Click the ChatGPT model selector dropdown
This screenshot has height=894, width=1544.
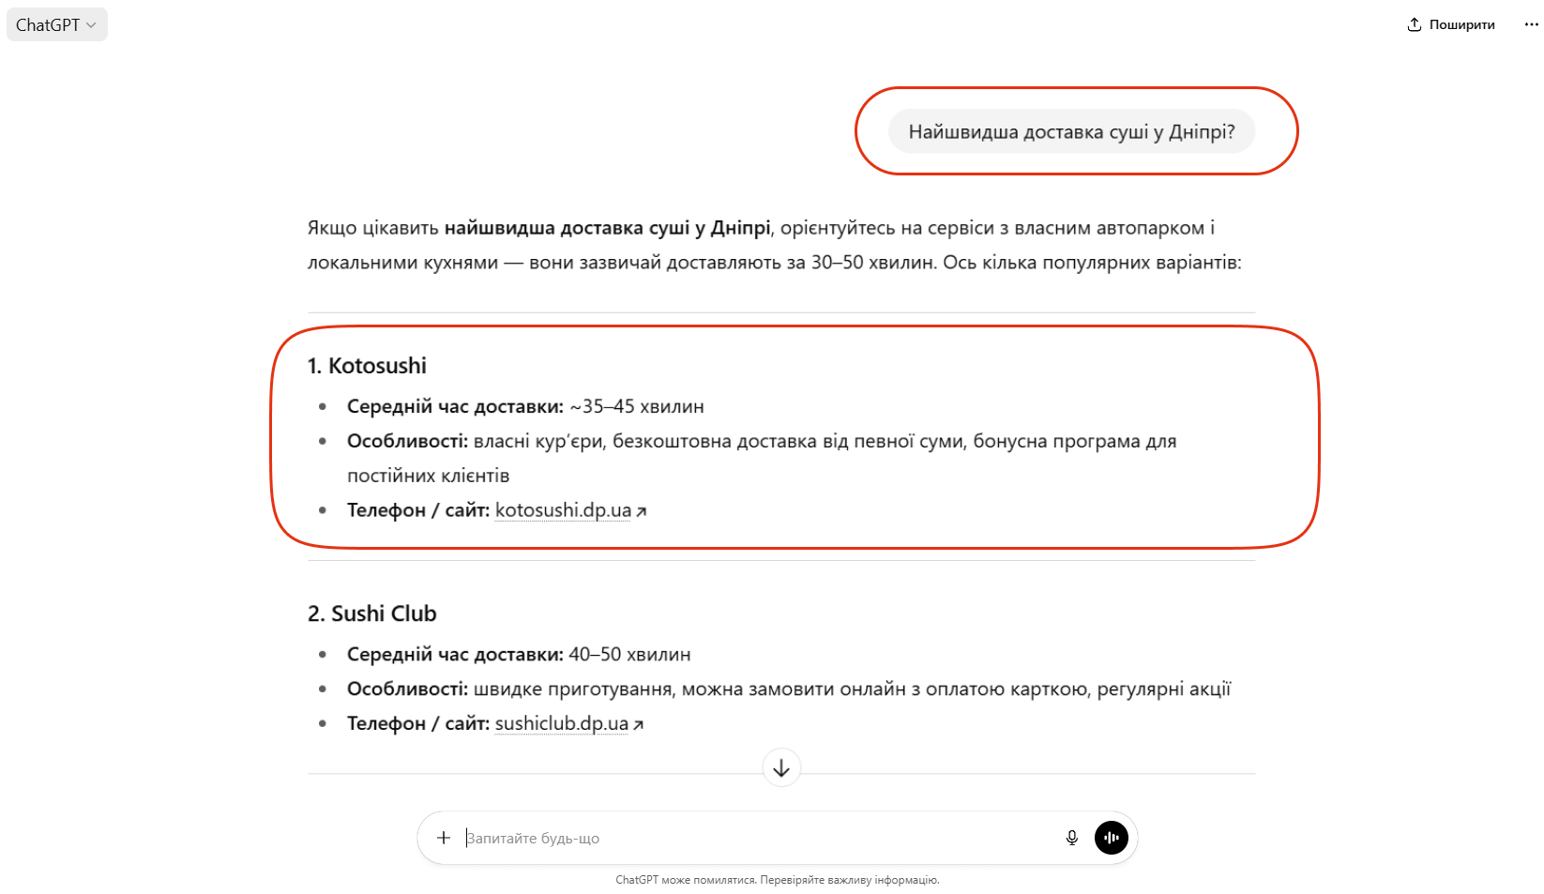click(x=56, y=25)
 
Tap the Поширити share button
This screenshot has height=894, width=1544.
click(x=1450, y=25)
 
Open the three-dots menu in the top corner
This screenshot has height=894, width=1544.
click(x=1531, y=25)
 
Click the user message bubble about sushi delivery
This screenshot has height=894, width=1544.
click(x=1071, y=132)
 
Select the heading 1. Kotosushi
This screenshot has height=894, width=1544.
click(x=367, y=366)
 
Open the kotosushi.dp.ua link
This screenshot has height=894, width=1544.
click(x=563, y=510)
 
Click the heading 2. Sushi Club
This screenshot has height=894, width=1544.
click(x=372, y=614)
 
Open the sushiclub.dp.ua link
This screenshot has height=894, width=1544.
click(x=561, y=723)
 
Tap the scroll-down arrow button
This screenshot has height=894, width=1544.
click(x=781, y=768)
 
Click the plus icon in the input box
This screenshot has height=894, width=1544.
click(x=444, y=838)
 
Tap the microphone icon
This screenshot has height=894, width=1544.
click(x=1071, y=838)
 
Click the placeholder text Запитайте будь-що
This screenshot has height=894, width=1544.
click(x=533, y=839)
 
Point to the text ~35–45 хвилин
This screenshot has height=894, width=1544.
click(x=637, y=406)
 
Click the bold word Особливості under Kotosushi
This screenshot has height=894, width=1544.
click(x=407, y=441)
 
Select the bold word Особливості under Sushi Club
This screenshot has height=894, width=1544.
click(x=407, y=689)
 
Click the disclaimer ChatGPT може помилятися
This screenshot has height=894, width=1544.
click(x=777, y=880)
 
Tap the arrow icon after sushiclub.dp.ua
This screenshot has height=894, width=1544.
click(x=639, y=724)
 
